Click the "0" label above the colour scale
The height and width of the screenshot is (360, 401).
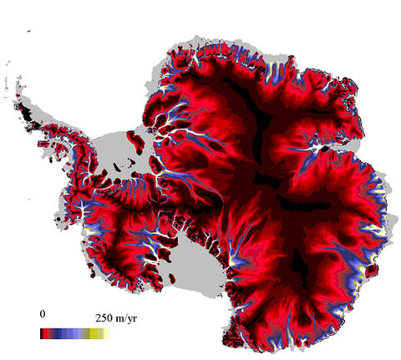click(x=43, y=314)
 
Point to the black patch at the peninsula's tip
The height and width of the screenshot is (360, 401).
click(x=27, y=109)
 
